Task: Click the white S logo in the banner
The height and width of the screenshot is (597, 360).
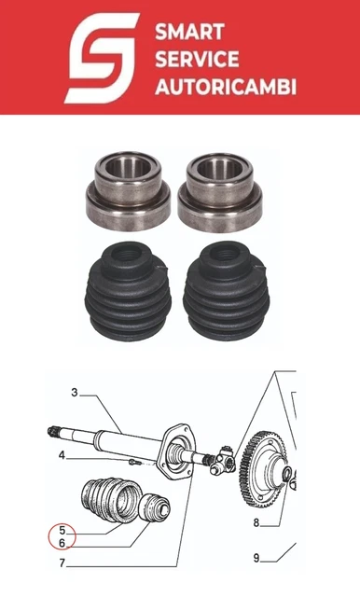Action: tap(102, 58)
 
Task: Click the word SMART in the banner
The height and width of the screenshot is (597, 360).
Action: tap(189, 32)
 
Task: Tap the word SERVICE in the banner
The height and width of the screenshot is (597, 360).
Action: tap(197, 59)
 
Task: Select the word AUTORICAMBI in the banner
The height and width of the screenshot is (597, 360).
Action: tap(226, 87)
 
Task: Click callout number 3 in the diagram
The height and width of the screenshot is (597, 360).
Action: tap(75, 392)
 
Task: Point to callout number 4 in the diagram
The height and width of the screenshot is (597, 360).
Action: tap(62, 455)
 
